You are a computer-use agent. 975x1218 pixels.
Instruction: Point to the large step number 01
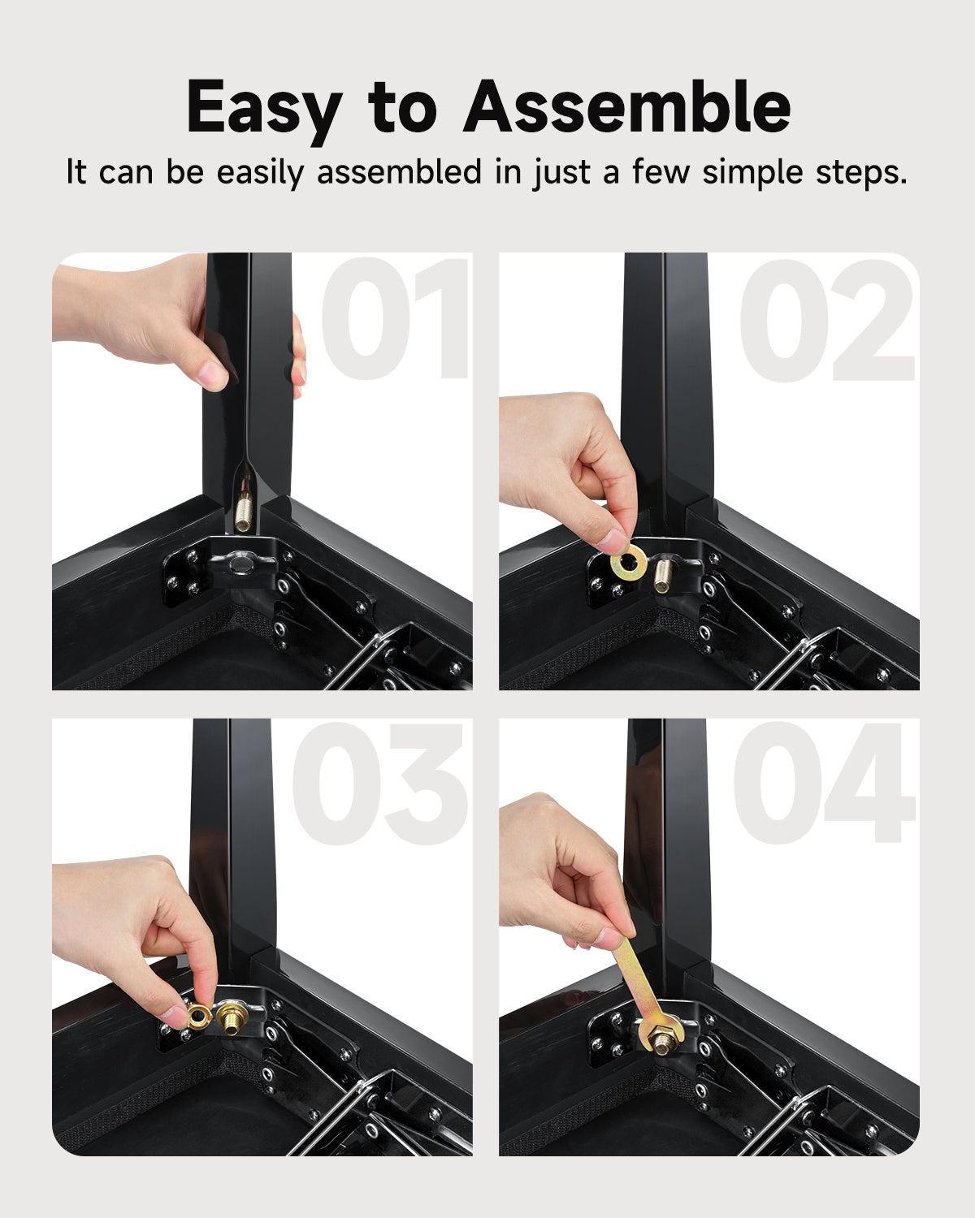(396, 318)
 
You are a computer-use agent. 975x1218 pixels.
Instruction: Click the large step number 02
(828, 321)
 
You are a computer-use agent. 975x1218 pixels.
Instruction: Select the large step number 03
(380, 783)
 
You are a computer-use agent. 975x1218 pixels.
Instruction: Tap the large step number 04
(825, 783)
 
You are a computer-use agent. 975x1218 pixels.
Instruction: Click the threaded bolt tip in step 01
(244, 513)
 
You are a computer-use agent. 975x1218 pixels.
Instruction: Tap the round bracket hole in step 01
(239, 564)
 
